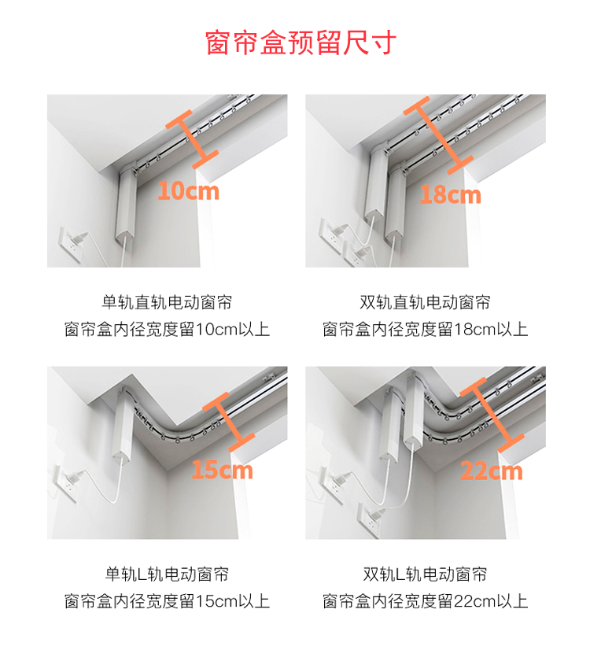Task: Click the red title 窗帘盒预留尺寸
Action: click(301, 42)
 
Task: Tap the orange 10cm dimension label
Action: click(189, 191)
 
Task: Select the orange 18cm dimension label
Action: click(450, 194)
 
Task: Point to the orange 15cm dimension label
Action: click(223, 470)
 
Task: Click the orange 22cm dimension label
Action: click(492, 471)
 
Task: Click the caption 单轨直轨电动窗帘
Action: click(167, 302)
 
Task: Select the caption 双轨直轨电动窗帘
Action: click(425, 302)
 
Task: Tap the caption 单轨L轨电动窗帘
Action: click(167, 574)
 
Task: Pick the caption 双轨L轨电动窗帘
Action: click(425, 574)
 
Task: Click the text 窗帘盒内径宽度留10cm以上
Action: click(167, 329)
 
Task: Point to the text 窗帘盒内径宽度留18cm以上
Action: click(425, 329)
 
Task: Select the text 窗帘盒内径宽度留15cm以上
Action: click(167, 601)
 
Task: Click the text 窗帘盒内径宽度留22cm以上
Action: click(425, 601)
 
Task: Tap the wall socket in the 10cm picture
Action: click(70, 244)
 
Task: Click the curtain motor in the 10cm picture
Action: click(126, 205)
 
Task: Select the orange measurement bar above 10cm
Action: click(191, 138)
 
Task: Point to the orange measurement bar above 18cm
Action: click(438, 135)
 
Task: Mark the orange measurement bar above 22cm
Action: click(492, 415)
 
